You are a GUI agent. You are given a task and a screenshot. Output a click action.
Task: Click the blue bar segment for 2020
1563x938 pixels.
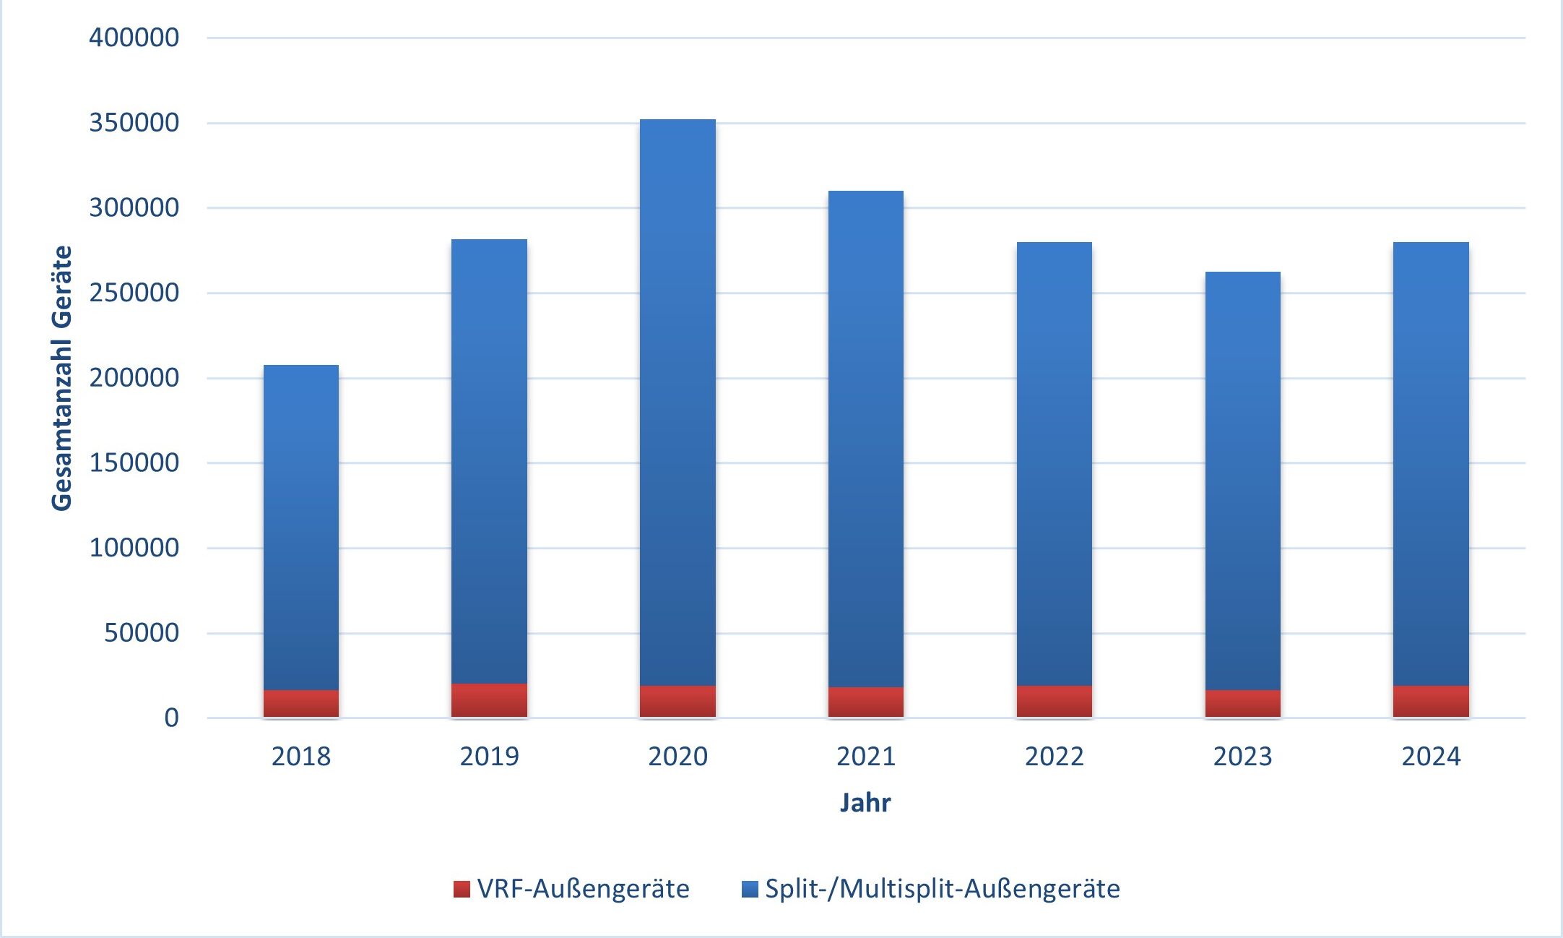677,402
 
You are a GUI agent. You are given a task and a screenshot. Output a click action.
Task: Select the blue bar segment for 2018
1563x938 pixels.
300,528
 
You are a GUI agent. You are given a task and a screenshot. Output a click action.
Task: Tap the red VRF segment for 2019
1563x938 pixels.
489,700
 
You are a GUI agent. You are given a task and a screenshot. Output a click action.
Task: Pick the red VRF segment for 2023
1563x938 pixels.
1242,703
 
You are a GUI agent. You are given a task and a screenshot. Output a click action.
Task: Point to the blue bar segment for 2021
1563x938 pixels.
865,439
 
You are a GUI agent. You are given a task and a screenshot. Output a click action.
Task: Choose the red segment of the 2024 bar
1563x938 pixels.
1431,701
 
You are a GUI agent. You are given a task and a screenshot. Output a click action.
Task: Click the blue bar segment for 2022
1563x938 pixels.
1054,463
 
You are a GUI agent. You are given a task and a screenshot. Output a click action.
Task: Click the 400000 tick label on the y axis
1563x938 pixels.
134,38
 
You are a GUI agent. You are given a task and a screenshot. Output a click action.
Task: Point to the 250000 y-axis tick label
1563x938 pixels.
134,293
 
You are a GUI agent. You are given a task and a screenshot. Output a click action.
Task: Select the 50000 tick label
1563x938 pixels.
142,633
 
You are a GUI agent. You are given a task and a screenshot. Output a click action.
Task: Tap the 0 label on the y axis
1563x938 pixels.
171,718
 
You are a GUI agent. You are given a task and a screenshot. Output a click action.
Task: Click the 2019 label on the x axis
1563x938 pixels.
489,757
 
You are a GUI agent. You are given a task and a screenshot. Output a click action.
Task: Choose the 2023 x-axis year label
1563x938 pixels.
1242,757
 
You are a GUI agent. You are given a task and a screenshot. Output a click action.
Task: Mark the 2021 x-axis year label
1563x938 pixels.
865,757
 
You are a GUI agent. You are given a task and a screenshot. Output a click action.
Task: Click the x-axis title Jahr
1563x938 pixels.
865,803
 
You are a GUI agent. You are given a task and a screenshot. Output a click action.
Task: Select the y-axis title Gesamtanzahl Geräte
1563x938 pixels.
62,378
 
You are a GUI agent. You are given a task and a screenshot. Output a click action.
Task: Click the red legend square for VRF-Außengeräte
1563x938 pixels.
462,889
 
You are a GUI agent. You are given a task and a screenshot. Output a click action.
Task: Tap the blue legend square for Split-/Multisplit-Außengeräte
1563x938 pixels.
750,889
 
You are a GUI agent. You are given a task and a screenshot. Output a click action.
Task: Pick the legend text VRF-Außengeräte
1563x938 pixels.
583,889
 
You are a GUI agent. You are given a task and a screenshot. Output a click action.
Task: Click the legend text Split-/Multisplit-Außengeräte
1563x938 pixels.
942,889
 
